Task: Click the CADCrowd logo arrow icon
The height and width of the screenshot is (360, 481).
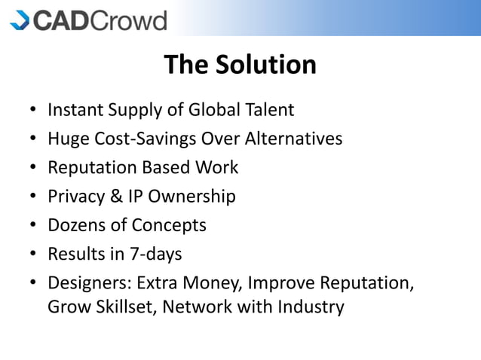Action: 20,20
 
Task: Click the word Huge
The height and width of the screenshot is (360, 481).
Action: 66,139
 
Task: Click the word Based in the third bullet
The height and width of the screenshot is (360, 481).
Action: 166,168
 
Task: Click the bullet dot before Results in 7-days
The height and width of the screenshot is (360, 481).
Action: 34,255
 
